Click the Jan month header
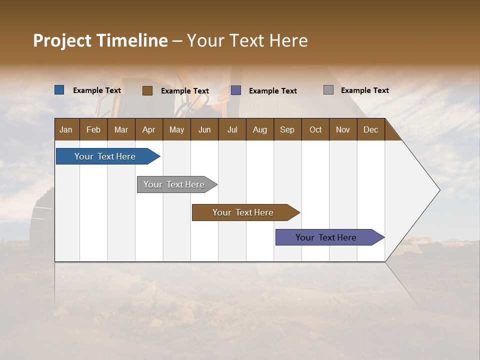(66, 129)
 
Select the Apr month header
(149, 129)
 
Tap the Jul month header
(232, 129)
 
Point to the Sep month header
(287, 129)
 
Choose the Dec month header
(370, 129)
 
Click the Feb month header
(93, 129)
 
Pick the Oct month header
(315, 129)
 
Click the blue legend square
(59, 90)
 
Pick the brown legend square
(147, 90)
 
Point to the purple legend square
(236, 90)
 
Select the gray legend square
(328, 90)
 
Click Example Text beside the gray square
(364, 90)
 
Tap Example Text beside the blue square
(97, 90)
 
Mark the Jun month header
(204, 129)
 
